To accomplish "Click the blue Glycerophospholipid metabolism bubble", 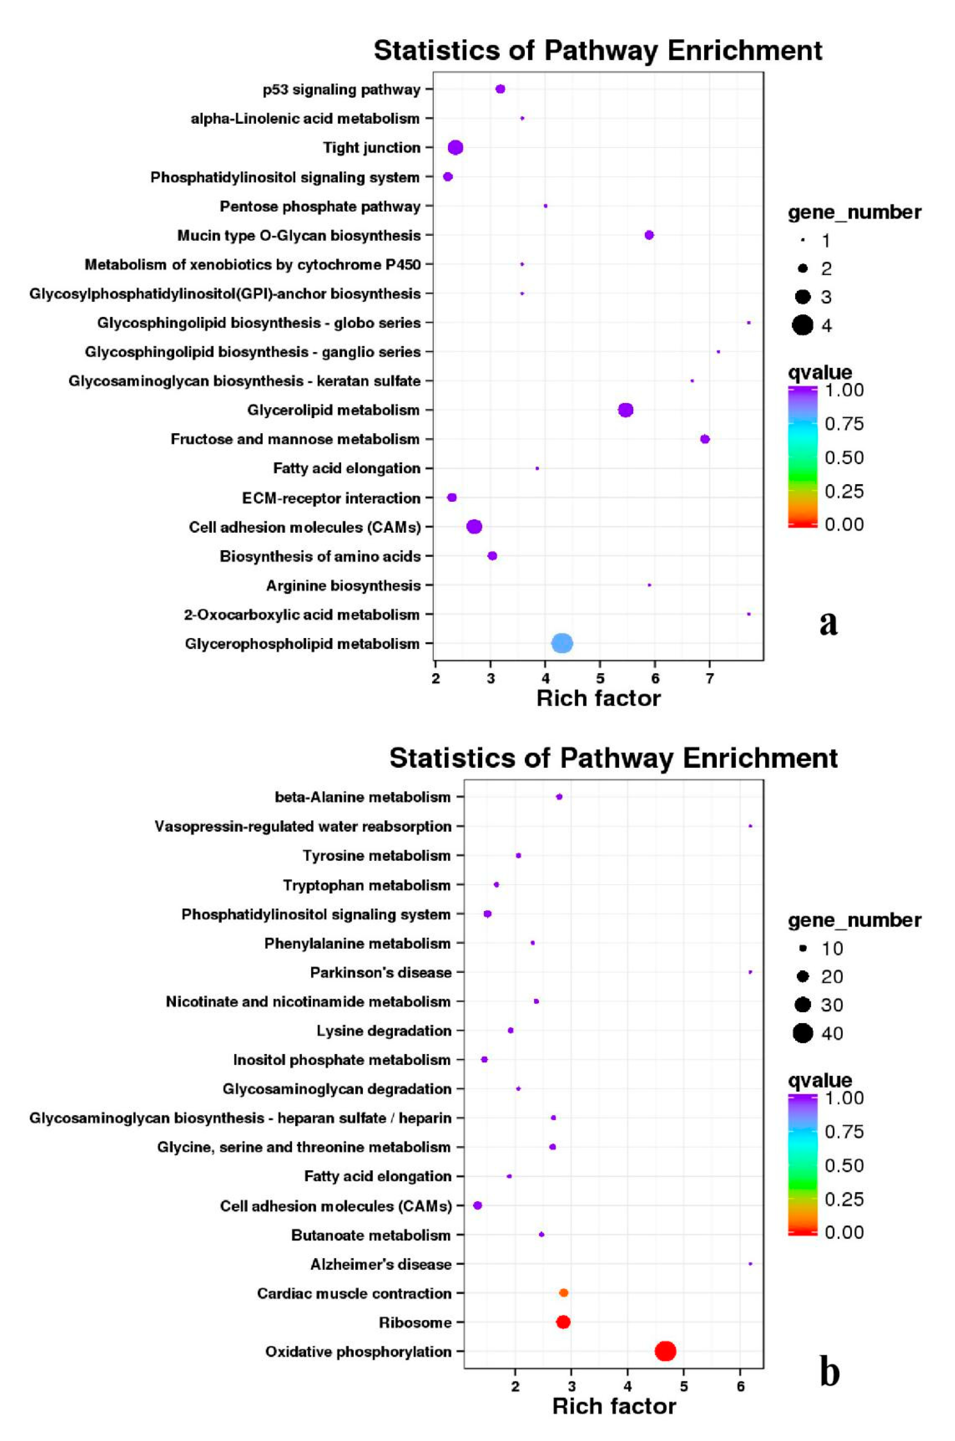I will click(561, 643).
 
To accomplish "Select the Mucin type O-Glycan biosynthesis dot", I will click(649, 235).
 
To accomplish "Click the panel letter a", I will click(828, 623).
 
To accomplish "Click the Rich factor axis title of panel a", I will click(598, 698).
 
